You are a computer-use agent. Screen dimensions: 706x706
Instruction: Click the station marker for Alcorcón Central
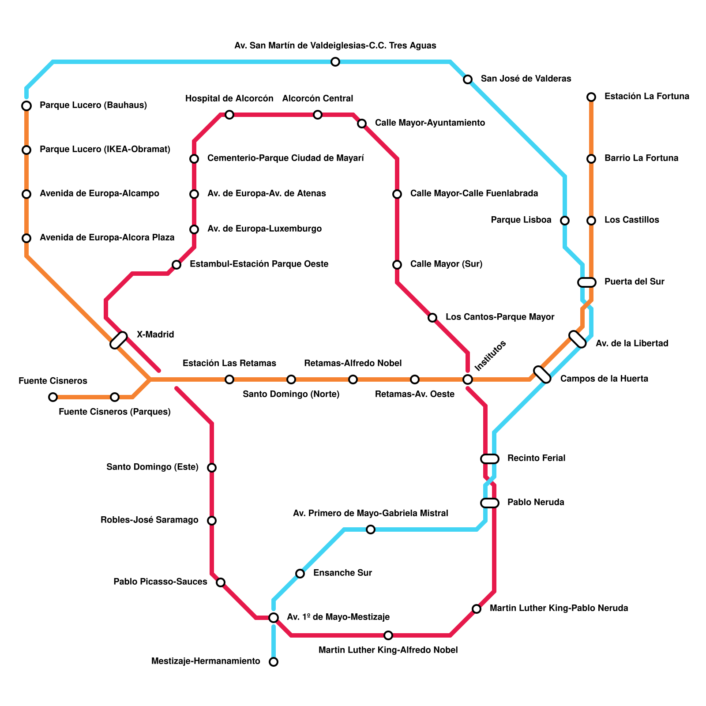tap(318, 115)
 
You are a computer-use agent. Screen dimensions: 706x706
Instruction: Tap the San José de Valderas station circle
tap(468, 79)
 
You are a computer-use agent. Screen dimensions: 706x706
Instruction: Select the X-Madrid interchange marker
tap(119, 340)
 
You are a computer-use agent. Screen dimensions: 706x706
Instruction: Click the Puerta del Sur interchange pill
tap(587, 282)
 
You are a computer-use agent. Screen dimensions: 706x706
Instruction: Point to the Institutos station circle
tap(468, 379)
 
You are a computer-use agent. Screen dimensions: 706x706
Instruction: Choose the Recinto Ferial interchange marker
tap(490, 459)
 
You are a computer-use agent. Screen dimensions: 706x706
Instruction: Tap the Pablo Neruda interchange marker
tap(490, 503)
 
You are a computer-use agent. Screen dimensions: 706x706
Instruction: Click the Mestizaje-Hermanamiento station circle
tap(274, 662)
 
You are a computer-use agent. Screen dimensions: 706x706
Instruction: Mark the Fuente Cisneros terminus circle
tap(53, 397)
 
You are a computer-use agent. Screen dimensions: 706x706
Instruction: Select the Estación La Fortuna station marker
tap(591, 97)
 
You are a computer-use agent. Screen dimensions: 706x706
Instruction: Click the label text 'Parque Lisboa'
tap(521, 220)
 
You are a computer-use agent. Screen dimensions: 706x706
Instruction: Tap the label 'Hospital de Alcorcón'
tap(229, 99)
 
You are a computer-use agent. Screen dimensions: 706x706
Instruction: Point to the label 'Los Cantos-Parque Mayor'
tap(500, 317)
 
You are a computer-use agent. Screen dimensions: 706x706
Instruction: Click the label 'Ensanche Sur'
tap(342, 573)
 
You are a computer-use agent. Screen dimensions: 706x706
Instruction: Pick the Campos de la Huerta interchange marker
tap(542, 375)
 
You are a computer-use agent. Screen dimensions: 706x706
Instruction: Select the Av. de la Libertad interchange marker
tap(578, 339)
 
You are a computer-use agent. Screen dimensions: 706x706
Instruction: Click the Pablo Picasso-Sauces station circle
tap(221, 582)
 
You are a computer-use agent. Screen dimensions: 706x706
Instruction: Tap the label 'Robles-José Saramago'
tap(150, 520)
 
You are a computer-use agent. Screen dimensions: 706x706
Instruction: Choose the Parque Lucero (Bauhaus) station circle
tap(26, 106)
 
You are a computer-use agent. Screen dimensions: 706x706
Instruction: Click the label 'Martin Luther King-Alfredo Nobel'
tap(388, 650)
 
